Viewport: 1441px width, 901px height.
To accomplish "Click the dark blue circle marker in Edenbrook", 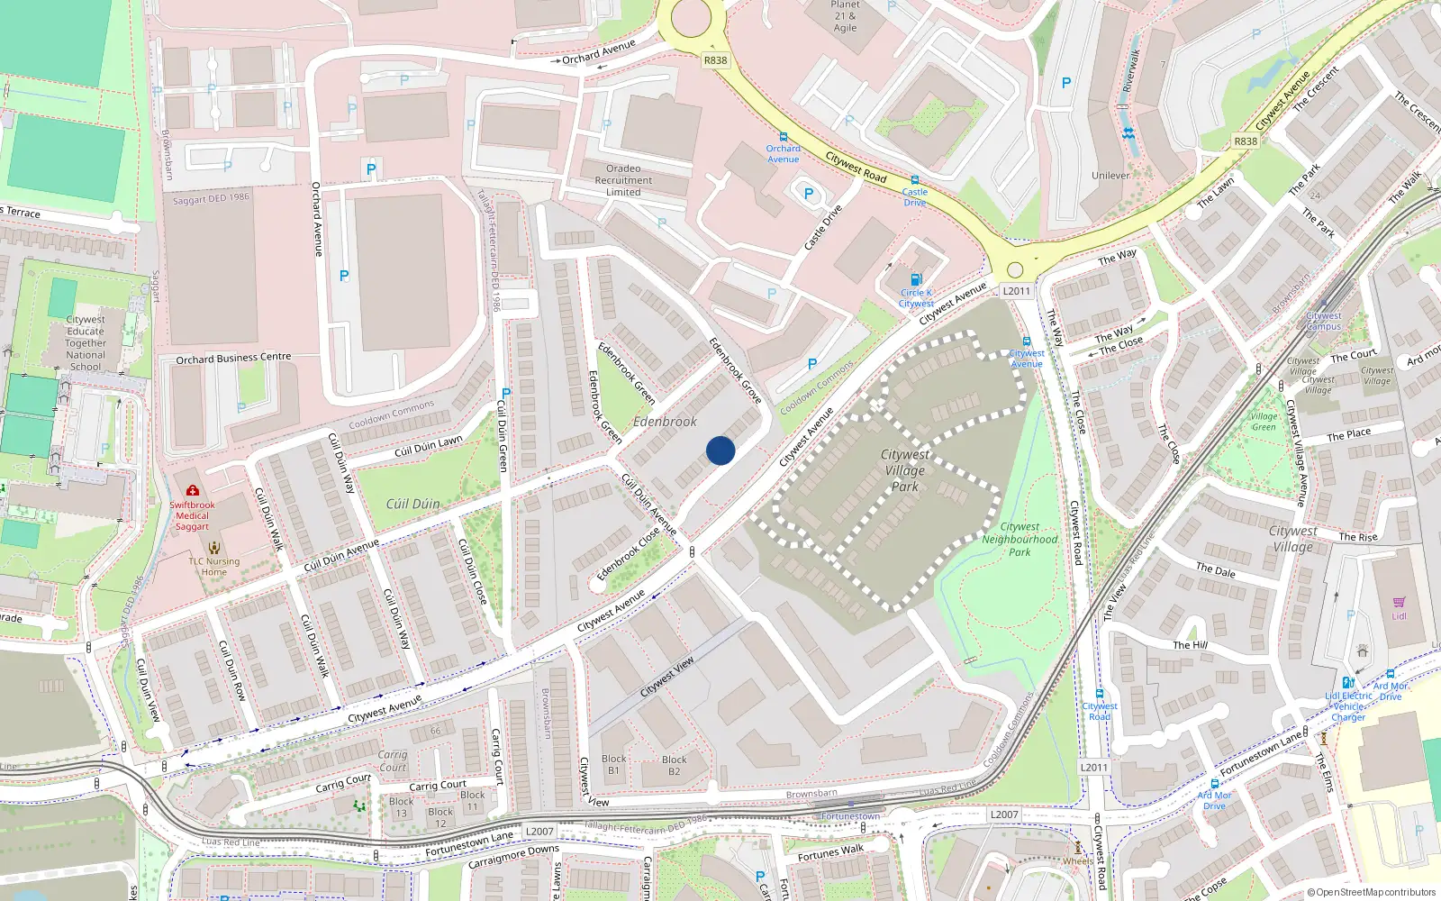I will coord(720,450).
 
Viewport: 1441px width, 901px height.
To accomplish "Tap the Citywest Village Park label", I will coord(905,470).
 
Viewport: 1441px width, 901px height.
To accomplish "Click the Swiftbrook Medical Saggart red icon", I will coord(192,491).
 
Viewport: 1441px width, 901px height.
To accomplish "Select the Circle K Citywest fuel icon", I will coord(916,279).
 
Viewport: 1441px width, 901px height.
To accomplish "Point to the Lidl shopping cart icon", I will coord(1399,602).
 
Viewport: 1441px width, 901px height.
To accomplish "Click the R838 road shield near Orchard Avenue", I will coord(715,60).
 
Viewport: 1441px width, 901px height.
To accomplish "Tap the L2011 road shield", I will coord(1016,290).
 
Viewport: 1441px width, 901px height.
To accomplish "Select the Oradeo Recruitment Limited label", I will coord(623,180).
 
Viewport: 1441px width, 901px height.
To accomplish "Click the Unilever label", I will coord(1110,176).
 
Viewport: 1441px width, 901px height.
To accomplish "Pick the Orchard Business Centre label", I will coord(233,359).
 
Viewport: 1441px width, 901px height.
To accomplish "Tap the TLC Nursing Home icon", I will coord(213,547).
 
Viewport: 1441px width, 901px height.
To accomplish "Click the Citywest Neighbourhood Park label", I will coord(1020,539).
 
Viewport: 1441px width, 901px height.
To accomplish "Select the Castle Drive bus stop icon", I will coord(915,180).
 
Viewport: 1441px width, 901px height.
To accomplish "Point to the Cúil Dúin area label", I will coord(412,504).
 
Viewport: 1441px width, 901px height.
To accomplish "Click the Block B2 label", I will coord(674,765).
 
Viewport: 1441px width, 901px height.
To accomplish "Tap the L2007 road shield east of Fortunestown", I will coord(1004,815).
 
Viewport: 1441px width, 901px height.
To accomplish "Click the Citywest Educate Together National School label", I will coord(86,342).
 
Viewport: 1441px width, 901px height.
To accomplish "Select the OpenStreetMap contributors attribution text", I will coord(1371,892).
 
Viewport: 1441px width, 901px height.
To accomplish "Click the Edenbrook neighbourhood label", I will coord(665,422).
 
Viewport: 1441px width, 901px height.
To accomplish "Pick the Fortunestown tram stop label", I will coord(851,816).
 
